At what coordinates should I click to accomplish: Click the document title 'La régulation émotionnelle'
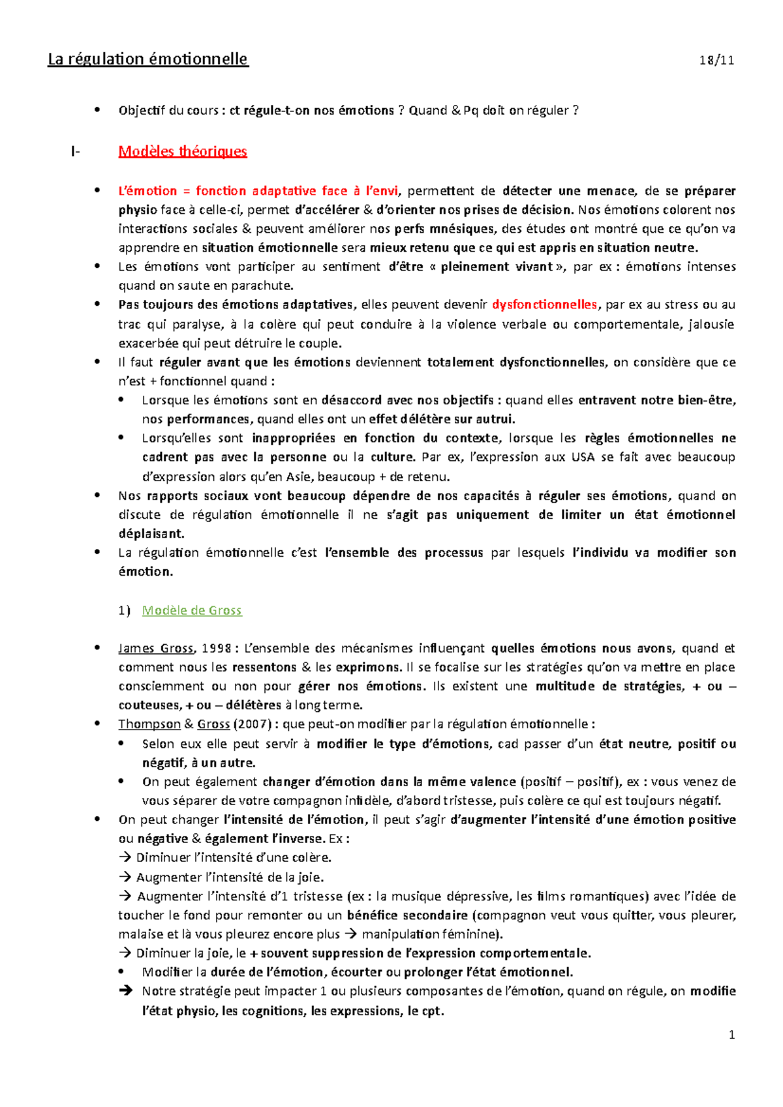click(x=148, y=59)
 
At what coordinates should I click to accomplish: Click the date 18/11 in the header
click(x=716, y=61)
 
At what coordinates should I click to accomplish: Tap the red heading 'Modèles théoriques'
click(x=183, y=151)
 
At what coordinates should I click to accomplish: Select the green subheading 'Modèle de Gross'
click(x=192, y=610)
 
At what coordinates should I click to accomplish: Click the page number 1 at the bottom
click(x=732, y=1035)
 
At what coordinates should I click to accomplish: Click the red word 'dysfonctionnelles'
click(x=544, y=304)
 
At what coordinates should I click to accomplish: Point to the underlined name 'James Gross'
click(x=156, y=648)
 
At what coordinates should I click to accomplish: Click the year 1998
click(x=217, y=648)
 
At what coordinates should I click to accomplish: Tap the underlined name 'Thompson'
click(x=149, y=724)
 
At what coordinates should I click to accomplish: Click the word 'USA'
click(x=583, y=457)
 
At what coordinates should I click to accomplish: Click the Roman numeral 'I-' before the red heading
click(x=76, y=152)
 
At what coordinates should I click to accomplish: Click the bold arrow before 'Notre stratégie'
click(x=125, y=991)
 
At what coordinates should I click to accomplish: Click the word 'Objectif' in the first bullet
click(x=142, y=110)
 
